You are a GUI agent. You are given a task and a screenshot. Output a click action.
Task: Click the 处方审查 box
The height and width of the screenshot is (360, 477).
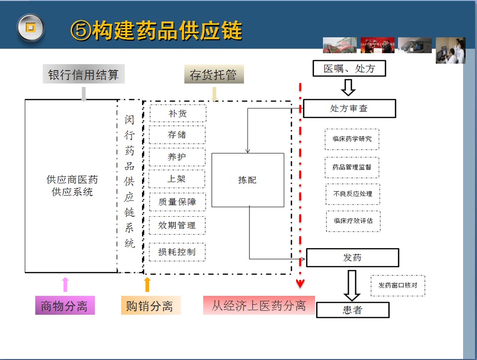[349, 108]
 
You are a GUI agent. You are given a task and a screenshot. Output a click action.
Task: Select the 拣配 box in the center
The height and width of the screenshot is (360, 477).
[247, 180]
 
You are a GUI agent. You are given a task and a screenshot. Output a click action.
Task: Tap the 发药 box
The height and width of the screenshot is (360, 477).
[352, 258]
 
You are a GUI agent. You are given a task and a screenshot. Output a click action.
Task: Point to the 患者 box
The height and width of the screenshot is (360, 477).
[352, 310]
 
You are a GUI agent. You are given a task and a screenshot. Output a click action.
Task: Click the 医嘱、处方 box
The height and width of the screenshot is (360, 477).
[349, 68]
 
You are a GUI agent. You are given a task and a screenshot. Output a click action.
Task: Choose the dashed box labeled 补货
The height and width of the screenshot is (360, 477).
[177, 113]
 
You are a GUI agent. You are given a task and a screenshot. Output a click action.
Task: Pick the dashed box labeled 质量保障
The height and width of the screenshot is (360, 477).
[177, 202]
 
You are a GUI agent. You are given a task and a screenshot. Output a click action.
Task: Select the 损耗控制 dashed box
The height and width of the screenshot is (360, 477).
[177, 252]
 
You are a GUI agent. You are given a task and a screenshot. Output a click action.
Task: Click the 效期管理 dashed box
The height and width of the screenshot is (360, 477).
[177, 225]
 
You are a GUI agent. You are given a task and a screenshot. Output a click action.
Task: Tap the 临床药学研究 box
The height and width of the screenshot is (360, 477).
[352, 139]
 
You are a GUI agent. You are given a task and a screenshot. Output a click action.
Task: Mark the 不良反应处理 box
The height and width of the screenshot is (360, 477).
[353, 194]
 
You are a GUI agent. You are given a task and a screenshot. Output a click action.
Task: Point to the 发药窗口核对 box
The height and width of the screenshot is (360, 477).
[397, 285]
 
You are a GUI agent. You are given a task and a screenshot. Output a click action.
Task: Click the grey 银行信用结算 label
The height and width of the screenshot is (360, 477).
[83, 75]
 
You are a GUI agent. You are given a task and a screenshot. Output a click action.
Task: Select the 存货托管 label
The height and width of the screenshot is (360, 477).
[214, 75]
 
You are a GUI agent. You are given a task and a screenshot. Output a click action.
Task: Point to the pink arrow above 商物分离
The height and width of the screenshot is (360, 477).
[65, 284]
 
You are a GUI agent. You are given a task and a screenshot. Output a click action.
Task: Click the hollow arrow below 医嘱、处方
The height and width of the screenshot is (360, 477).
[348, 88]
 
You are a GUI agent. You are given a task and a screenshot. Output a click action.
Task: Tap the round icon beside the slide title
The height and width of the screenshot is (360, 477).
[31, 27]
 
